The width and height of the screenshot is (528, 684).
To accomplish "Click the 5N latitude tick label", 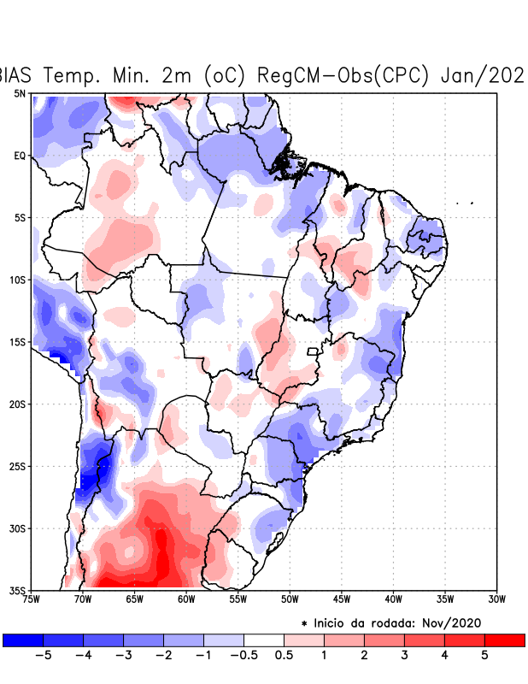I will click(20, 93).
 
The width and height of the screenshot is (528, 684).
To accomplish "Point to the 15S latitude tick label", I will click(18, 342).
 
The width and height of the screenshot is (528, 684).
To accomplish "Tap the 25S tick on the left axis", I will click(18, 466).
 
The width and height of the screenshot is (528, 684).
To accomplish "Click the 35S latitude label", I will click(18, 590).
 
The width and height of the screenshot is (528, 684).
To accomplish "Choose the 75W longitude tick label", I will click(32, 598).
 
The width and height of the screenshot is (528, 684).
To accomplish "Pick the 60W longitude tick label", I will click(186, 598).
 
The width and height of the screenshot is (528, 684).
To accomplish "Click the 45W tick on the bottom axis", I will click(341, 598).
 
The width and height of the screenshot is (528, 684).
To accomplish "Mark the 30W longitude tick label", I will click(496, 598).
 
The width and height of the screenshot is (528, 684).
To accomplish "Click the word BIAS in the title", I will click(18, 75).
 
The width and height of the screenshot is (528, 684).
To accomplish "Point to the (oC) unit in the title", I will click(222, 75).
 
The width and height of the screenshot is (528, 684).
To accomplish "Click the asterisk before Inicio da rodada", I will click(304, 624).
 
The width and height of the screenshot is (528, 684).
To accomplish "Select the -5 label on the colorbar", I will click(43, 656).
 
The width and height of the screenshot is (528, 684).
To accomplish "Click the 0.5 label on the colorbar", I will click(285, 656).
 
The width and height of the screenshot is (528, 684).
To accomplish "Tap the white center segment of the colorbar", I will click(264, 640).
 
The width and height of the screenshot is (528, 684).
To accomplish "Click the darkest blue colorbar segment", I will click(23, 640).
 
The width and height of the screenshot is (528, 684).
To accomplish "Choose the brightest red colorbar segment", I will click(504, 640).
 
